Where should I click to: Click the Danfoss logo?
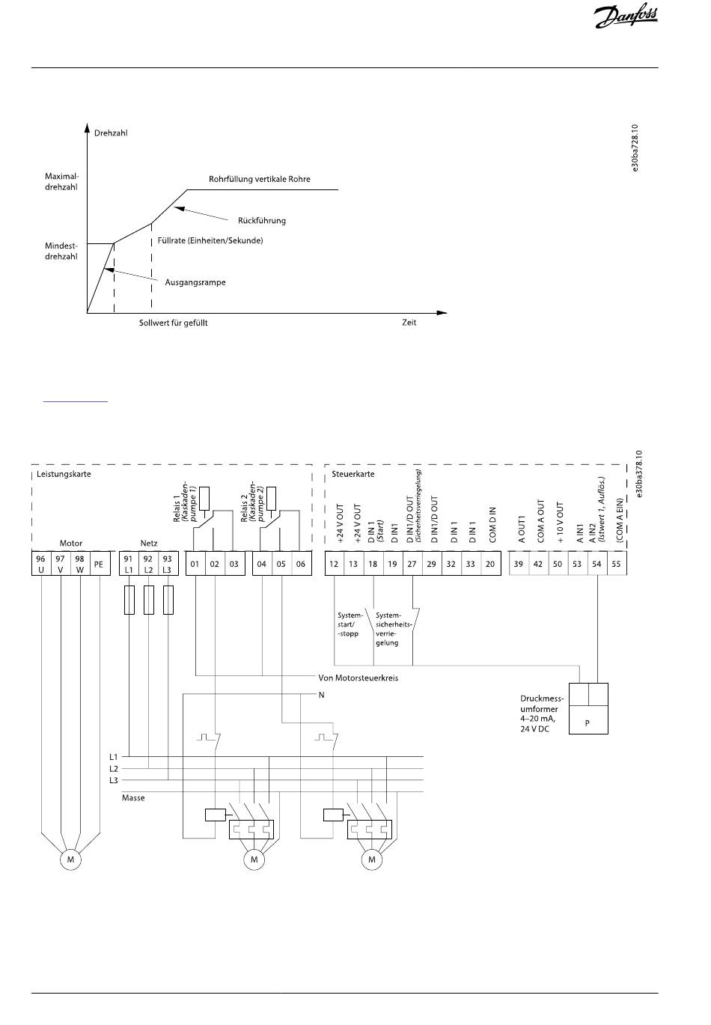pos(626,16)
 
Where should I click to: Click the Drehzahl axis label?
pos(111,133)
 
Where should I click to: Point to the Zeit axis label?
pos(409,323)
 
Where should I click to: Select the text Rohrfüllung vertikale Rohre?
pos(259,180)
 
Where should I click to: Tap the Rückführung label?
pos(261,221)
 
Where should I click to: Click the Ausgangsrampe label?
pos(195,283)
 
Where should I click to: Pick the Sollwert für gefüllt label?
pos(173,323)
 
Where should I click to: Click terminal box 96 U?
pos(40,564)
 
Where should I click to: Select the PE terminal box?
pos(98,564)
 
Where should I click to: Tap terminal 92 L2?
pos(148,564)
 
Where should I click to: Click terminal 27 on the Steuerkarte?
pos(412,564)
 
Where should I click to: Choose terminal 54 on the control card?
pos(596,564)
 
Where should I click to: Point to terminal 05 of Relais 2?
pos(281,564)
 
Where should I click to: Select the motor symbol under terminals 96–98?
pos(70,860)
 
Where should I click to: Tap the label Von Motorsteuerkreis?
pos(358,678)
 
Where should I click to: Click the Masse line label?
pos(133,798)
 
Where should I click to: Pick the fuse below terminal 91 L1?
pos(129,600)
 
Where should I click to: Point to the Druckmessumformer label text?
pos(543,714)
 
